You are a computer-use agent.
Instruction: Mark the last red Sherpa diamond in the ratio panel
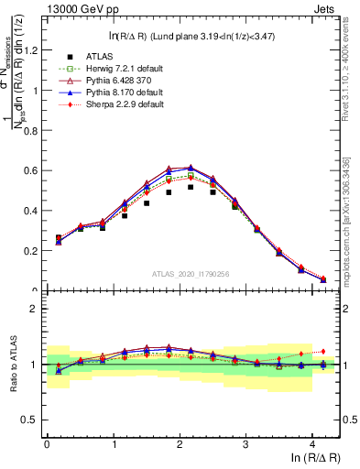(x=322, y=351)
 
